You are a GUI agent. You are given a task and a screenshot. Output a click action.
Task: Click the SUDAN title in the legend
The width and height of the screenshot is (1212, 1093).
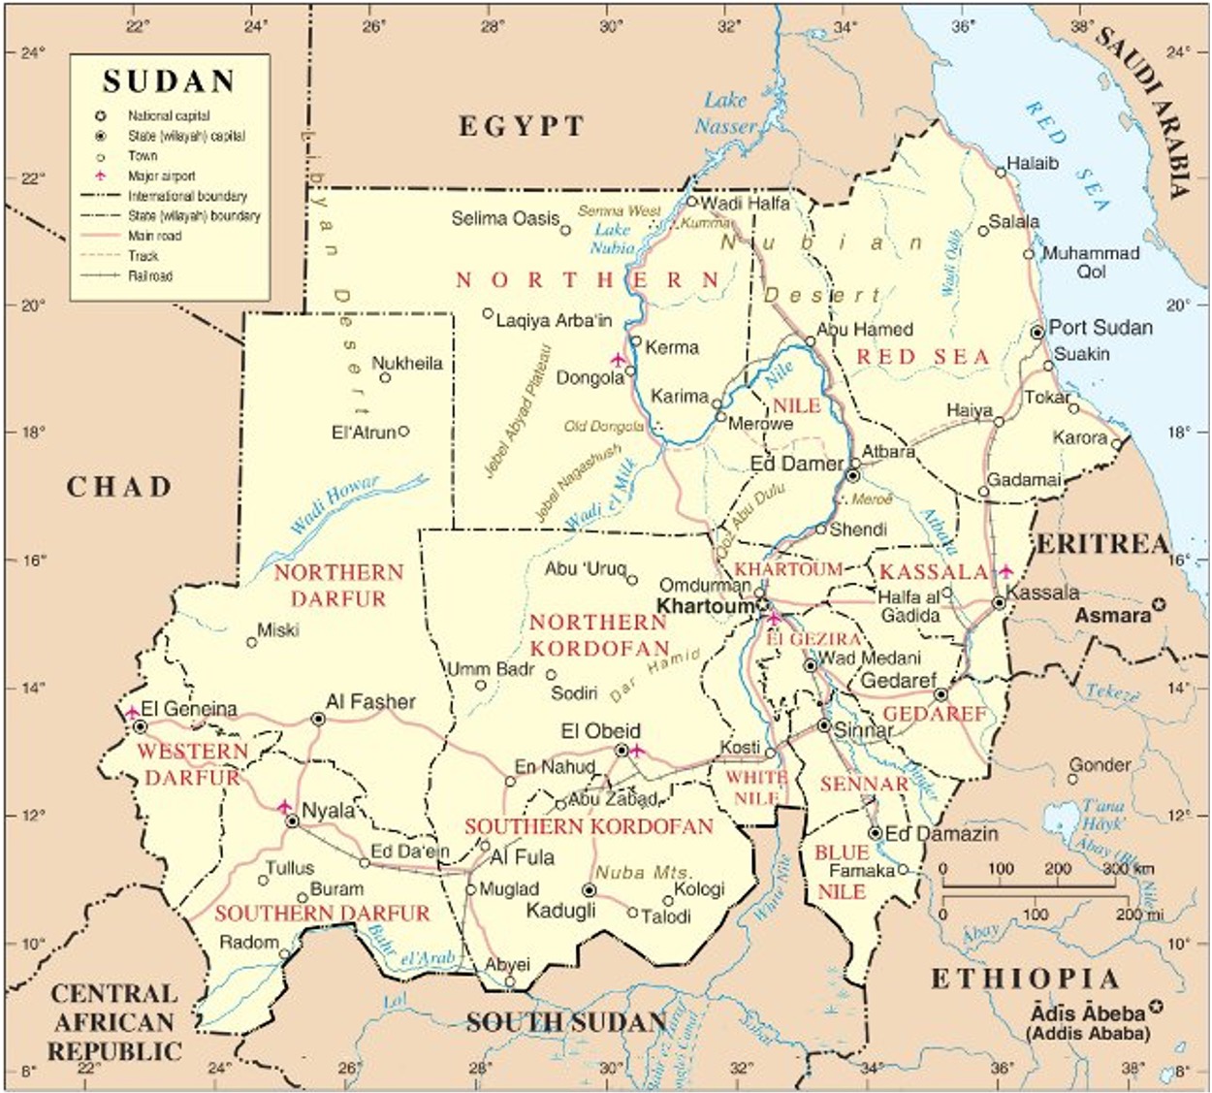[169, 81]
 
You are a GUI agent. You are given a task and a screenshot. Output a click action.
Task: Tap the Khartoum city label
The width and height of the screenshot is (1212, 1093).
[704, 606]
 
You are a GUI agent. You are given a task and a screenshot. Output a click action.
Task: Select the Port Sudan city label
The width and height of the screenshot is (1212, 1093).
[1100, 327]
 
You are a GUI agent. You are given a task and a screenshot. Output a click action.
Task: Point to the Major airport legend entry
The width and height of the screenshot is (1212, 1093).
[161, 177]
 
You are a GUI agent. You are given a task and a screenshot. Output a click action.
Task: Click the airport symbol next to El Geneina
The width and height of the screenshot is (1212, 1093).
[132, 713]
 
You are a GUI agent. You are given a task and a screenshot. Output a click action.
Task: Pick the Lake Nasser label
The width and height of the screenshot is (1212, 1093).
[726, 113]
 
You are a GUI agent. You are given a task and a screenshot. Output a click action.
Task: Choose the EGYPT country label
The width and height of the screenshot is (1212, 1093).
[521, 126]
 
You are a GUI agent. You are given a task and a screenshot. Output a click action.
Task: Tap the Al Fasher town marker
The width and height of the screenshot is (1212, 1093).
[318, 719]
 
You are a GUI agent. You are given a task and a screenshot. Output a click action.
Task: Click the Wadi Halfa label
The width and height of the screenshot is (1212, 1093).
[744, 203]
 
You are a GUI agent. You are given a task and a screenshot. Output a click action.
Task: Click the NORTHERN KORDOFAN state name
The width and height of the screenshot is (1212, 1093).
[598, 634]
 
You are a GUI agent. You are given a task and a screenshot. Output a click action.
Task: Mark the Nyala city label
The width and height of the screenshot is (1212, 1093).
[329, 810]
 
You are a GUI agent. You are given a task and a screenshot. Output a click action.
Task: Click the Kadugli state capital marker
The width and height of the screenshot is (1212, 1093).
[588, 890]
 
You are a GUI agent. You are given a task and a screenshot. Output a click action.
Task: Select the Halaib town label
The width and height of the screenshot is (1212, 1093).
[1032, 163]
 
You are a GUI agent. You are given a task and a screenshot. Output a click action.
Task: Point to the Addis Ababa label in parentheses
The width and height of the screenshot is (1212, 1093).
[1086, 1033]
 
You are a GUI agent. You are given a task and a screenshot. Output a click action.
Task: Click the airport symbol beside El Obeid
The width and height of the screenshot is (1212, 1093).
[636, 750]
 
